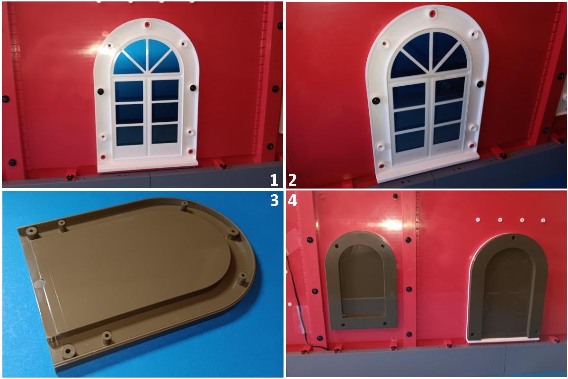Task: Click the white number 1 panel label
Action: (274, 180)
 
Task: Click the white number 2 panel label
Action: (293, 180)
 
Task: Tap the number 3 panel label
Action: (275, 200)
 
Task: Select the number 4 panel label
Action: (293, 200)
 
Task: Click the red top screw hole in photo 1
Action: (147, 24)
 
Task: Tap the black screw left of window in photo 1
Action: (101, 91)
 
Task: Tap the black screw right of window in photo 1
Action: (193, 88)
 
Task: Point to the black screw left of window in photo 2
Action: (376, 100)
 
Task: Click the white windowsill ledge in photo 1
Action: (148, 165)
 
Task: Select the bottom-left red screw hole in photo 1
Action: (103, 156)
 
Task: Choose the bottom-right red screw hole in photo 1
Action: (190, 152)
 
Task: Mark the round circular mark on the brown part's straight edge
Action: (40, 283)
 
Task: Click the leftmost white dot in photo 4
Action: (478, 219)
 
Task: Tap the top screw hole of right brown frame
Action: (514, 238)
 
